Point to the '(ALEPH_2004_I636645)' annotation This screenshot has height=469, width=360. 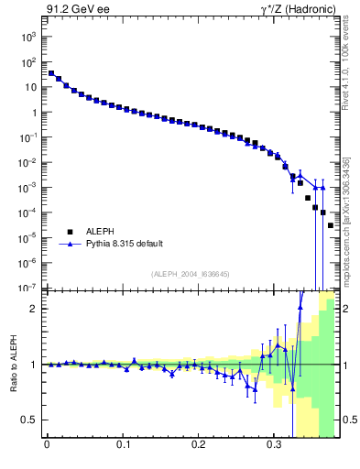[190, 274]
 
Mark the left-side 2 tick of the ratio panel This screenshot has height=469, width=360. [33, 309]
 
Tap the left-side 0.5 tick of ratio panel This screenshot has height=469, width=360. [28, 420]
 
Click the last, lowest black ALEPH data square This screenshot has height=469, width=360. [331, 225]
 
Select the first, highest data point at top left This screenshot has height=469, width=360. [51, 73]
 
